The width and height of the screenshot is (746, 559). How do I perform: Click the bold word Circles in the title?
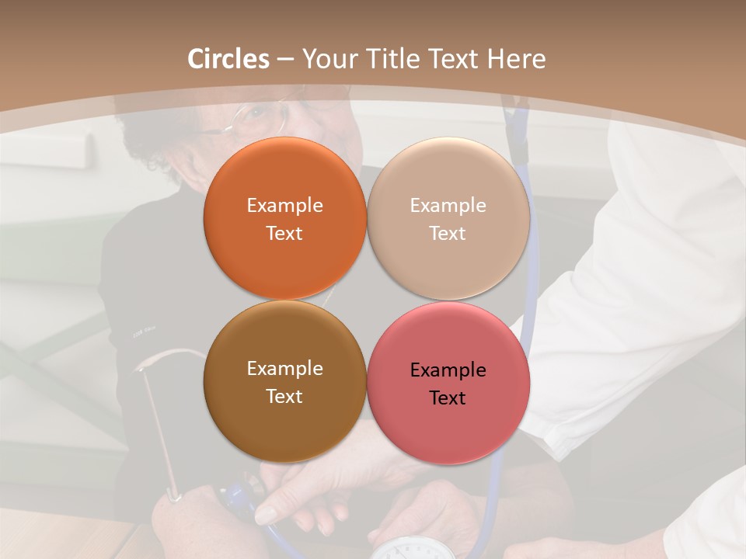click(x=228, y=59)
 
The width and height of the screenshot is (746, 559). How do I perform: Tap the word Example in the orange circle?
click(x=284, y=206)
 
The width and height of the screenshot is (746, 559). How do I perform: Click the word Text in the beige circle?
click(x=448, y=234)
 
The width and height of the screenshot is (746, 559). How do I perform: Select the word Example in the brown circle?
click(x=284, y=369)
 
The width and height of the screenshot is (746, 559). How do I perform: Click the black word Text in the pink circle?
click(x=448, y=398)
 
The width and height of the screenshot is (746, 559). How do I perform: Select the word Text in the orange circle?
click(x=284, y=234)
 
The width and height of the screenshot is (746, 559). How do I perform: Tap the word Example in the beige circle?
click(x=448, y=206)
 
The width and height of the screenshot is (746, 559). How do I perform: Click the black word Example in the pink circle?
click(x=448, y=370)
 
